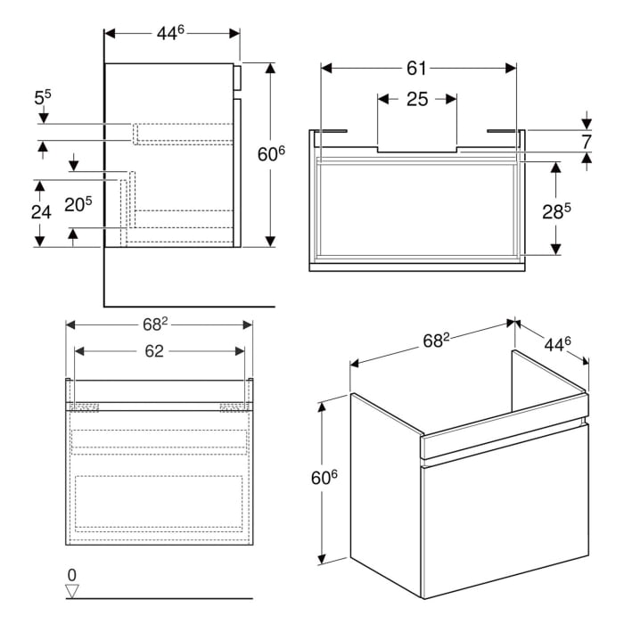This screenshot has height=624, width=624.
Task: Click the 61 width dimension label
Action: pyautogui.click(x=417, y=69)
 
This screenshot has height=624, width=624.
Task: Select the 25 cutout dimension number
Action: pyautogui.click(x=417, y=99)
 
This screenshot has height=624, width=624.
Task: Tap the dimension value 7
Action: pyautogui.click(x=587, y=142)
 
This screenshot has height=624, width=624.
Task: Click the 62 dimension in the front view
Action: pyautogui.click(x=154, y=351)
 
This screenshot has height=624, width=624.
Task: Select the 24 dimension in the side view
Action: pyautogui.click(x=40, y=213)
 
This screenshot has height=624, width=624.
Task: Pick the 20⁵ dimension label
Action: pyautogui.click(x=78, y=205)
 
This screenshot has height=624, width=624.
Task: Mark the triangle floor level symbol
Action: pyautogui.click(x=72, y=589)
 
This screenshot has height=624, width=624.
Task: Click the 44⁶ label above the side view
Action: pyautogui.click(x=170, y=33)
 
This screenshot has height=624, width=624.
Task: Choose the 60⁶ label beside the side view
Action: pyautogui.click(x=271, y=153)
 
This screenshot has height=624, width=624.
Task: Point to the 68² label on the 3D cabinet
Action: pyautogui.click(x=434, y=341)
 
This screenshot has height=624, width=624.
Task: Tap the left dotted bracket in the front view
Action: pyautogui.click(x=86, y=407)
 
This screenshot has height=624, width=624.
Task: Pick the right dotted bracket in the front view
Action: pyautogui.click(x=232, y=407)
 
